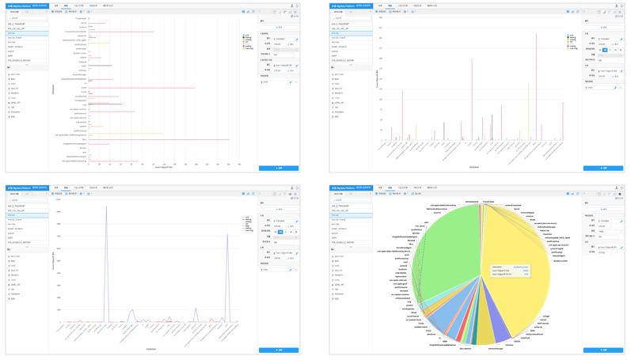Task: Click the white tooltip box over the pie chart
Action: (x=510, y=271)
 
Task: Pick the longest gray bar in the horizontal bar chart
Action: (x=105, y=104)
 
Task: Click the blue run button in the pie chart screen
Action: (x=602, y=350)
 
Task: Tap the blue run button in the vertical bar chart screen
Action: (x=602, y=168)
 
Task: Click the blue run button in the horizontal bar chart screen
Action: (x=279, y=168)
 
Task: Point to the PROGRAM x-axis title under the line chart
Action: (x=150, y=349)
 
